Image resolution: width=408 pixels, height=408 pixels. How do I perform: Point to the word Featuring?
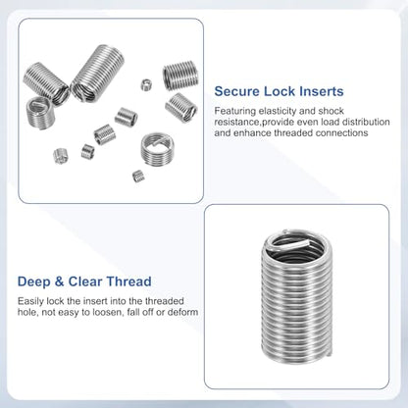(x=235, y=112)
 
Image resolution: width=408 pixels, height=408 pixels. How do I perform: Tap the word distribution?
(x=366, y=122)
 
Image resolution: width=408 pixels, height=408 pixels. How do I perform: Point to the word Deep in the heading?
(x=33, y=281)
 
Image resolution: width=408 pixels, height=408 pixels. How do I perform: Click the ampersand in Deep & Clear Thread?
(x=59, y=281)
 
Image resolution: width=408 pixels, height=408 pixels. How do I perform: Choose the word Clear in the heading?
(x=85, y=281)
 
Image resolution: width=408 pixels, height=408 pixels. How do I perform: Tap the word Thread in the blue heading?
(x=128, y=281)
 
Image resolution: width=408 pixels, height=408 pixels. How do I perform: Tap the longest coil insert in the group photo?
(x=97, y=74)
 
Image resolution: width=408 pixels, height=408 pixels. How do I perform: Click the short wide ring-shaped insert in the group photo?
(x=157, y=149)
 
